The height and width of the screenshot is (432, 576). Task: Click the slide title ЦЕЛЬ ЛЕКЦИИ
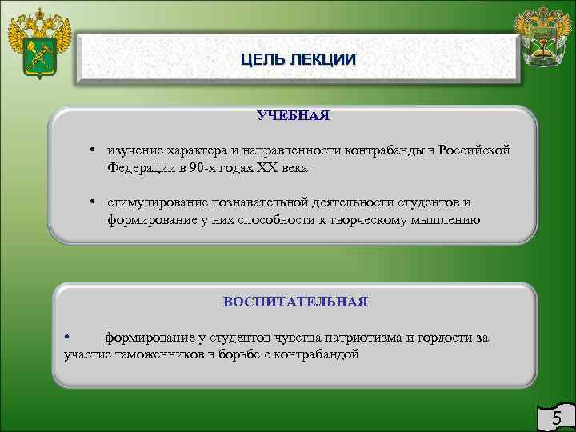(x=298, y=59)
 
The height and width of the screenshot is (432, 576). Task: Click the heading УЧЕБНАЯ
(x=293, y=116)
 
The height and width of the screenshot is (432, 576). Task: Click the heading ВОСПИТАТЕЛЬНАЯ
(x=295, y=302)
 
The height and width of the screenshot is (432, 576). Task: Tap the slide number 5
(x=557, y=418)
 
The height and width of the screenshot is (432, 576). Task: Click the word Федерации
(x=141, y=169)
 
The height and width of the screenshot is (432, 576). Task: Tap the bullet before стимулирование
(x=94, y=202)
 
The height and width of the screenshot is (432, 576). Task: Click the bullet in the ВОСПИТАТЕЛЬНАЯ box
(x=68, y=337)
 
